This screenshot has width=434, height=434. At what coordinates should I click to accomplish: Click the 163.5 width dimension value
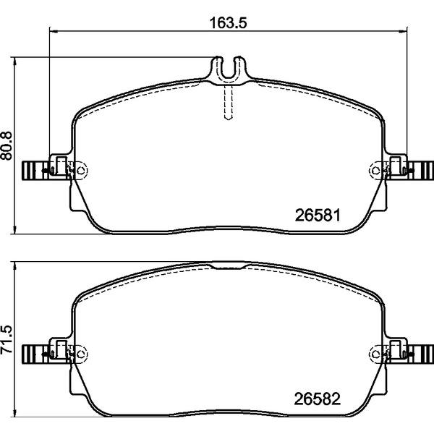pyautogui.click(x=228, y=22)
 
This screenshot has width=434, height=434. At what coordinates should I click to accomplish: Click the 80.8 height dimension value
pyautogui.click(x=7, y=146)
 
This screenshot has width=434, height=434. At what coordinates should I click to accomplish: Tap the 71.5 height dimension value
pyautogui.click(x=7, y=340)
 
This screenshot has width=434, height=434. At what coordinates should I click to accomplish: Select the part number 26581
pyautogui.click(x=318, y=215)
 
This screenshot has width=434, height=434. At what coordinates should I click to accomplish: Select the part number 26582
pyautogui.click(x=318, y=399)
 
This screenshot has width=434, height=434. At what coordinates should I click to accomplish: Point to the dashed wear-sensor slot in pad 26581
pyautogui.click(x=228, y=102)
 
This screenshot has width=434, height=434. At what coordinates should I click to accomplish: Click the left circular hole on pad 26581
pyautogui.click(x=81, y=170)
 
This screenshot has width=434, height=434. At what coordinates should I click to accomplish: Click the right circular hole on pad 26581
pyautogui.click(x=375, y=170)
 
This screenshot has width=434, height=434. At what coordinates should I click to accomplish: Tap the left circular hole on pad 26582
pyautogui.click(x=81, y=354)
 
